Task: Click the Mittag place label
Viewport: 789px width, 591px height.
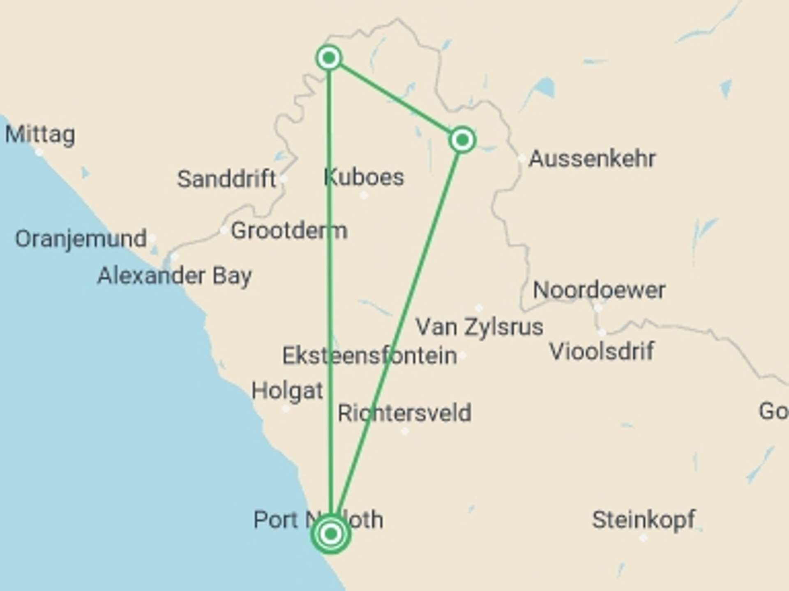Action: (x=40, y=134)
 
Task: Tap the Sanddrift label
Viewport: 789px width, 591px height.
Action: (x=226, y=179)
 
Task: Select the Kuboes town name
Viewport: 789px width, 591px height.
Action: (x=364, y=177)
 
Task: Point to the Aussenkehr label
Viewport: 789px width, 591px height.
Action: (x=592, y=158)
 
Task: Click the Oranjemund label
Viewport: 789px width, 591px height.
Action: (x=81, y=238)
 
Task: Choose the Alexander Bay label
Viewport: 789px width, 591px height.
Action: (x=175, y=275)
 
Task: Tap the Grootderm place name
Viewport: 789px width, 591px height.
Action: (x=289, y=230)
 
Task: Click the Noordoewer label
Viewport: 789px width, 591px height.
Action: (x=599, y=290)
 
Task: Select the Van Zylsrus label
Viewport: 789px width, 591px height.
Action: (x=479, y=327)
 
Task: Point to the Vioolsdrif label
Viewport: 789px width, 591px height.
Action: (x=602, y=351)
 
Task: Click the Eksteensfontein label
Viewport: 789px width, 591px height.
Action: (x=369, y=355)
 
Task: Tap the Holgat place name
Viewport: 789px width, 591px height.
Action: (x=287, y=390)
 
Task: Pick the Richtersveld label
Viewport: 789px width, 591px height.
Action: (x=404, y=413)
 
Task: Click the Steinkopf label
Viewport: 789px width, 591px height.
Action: (x=644, y=520)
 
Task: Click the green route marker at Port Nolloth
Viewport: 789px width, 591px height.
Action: (x=331, y=534)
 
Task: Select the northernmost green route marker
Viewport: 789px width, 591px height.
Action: (x=329, y=58)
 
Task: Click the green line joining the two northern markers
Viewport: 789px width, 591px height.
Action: (x=395, y=99)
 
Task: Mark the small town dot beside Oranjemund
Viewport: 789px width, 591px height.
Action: (x=152, y=238)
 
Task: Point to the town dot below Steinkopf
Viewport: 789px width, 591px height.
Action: (x=644, y=538)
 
